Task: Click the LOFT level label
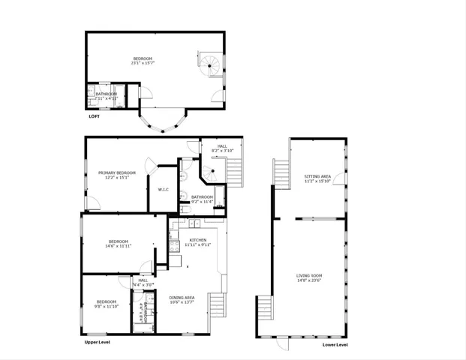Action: pyautogui.click(x=94, y=116)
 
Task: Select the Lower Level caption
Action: pyautogui.click(x=335, y=345)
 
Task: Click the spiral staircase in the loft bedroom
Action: pyautogui.click(x=211, y=64)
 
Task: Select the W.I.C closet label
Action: pyautogui.click(x=163, y=189)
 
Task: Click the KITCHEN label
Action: pyautogui.click(x=197, y=240)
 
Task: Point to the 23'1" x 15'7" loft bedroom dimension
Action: pyautogui.click(x=143, y=63)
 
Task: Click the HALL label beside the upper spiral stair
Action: pyautogui.click(x=223, y=145)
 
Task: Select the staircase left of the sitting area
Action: pyautogui.click(x=282, y=175)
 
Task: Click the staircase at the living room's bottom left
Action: pyautogui.click(x=264, y=306)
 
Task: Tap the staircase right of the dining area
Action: pyautogui.click(x=217, y=304)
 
